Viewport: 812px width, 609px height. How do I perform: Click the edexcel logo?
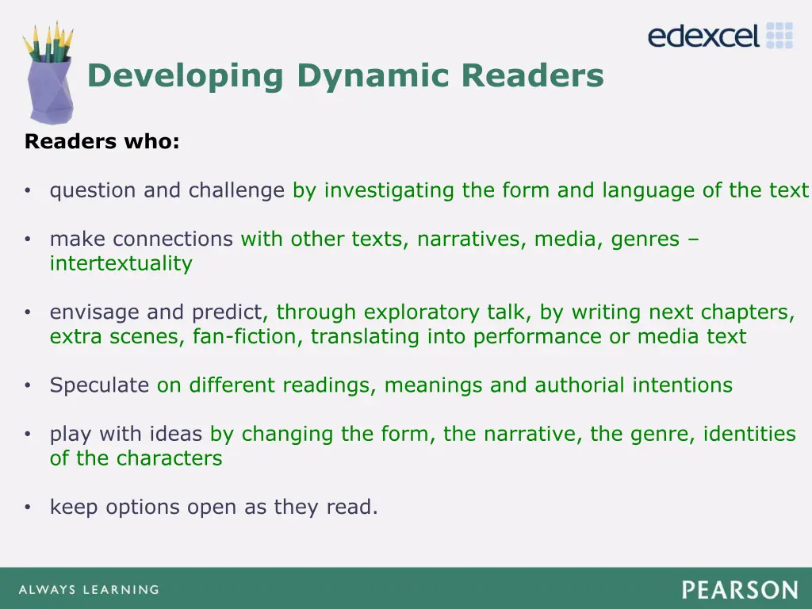pyautogui.click(x=720, y=36)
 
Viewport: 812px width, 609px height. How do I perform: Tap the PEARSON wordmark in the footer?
pyautogui.click(x=739, y=590)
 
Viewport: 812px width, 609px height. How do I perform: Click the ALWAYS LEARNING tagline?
pyautogui.click(x=88, y=590)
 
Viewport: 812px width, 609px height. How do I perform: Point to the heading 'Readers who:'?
pyautogui.click(x=102, y=142)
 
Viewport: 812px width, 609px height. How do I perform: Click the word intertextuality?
pyautogui.click(x=121, y=263)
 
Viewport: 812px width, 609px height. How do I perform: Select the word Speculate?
pyautogui.click(x=99, y=385)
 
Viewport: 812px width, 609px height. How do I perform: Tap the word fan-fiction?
pyautogui.click(x=247, y=336)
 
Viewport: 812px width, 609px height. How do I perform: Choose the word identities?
pyautogui.click(x=749, y=434)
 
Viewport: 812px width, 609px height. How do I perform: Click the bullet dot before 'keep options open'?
pyautogui.click(x=28, y=507)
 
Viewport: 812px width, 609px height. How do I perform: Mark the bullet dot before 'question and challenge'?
pyautogui.click(x=28, y=191)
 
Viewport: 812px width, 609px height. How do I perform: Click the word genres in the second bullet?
pyautogui.click(x=645, y=239)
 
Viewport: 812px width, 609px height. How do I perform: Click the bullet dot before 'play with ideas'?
pyautogui.click(x=28, y=435)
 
